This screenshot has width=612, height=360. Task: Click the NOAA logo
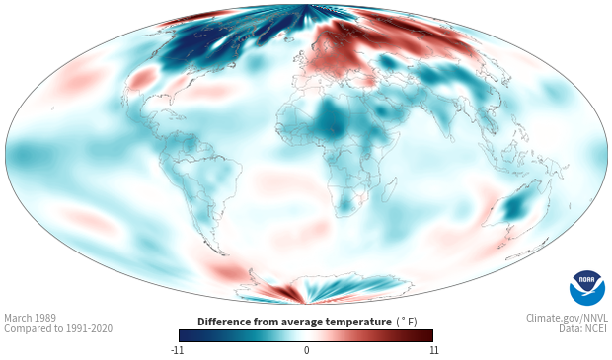[x=587, y=288]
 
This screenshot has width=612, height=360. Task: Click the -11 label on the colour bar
[x=177, y=350]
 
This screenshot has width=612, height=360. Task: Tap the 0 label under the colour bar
[x=306, y=350]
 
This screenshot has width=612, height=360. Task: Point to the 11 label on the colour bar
[x=433, y=350]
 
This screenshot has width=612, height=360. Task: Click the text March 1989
[x=30, y=318]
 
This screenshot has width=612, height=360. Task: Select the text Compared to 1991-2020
[x=58, y=328]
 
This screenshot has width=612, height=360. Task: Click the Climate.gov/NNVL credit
[x=567, y=318]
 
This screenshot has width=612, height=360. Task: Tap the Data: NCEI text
[x=583, y=328]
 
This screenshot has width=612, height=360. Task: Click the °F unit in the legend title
[x=407, y=322]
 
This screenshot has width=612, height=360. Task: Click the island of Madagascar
[x=388, y=189]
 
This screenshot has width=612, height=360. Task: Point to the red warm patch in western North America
[x=142, y=77]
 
